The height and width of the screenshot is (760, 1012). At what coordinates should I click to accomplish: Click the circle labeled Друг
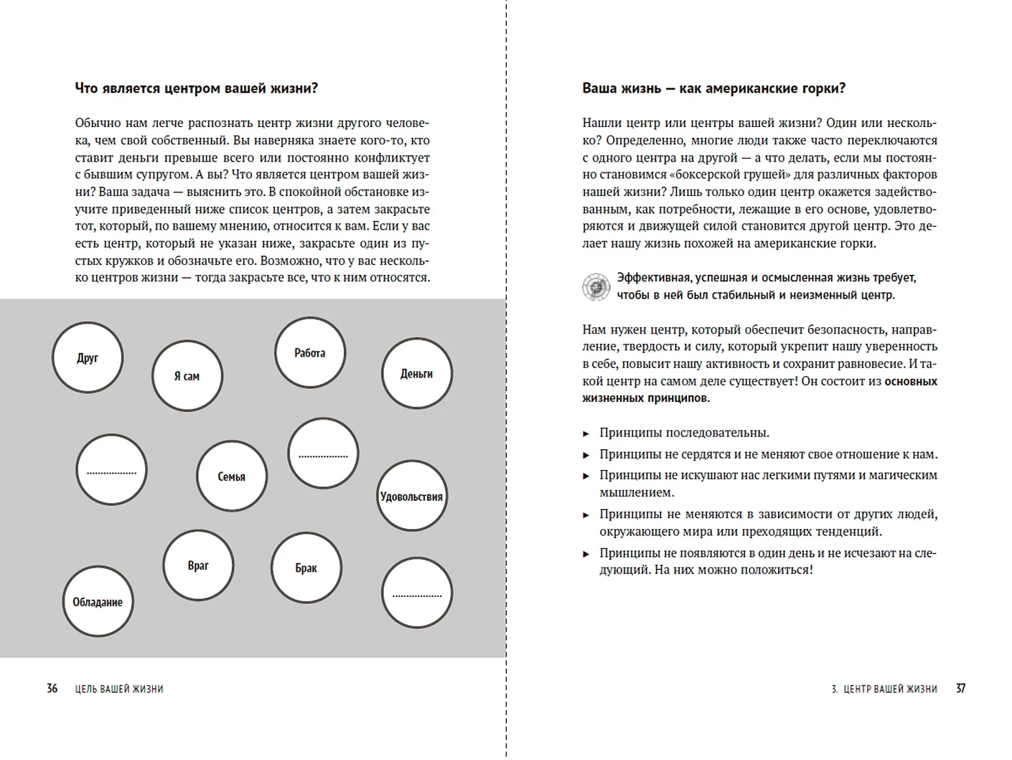click(x=88, y=357)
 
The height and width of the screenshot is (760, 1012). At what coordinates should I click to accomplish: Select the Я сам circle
click(x=187, y=376)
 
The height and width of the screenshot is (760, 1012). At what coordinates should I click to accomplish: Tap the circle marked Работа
click(x=310, y=352)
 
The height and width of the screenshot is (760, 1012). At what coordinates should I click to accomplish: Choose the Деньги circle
click(x=417, y=373)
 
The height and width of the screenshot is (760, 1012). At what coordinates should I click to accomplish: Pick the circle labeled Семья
click(x=232, y=476)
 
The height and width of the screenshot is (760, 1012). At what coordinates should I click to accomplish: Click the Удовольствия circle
click(x=411, y=496)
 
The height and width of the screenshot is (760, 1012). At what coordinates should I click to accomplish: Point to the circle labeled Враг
click(x=198, y=566)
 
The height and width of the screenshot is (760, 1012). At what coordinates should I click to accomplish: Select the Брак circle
click(x=306, y=568)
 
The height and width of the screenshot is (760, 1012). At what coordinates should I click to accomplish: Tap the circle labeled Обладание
click(x=98, y=601)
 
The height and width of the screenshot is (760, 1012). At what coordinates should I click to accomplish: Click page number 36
click(x=52, y=688)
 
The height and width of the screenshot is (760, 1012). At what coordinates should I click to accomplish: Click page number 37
click(x=960, y=688)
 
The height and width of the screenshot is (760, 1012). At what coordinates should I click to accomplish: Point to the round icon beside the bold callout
click(x=596, y=286)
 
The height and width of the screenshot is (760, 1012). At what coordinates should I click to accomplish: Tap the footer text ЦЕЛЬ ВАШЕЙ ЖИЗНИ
click(x=119, y=689)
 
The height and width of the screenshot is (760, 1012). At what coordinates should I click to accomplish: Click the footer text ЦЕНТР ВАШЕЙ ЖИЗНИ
click(x=890, y=689)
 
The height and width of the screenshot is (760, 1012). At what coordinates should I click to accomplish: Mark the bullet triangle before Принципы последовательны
click(x=586, y=433)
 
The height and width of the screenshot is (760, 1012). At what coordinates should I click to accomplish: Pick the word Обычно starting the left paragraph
click(x=95, y=123)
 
